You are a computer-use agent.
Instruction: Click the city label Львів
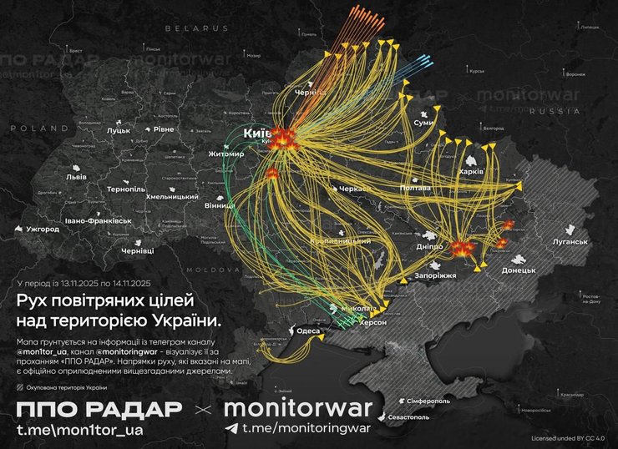click(x=76, y=178)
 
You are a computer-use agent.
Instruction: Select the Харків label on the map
click(x=472, y=171)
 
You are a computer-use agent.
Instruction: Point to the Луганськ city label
click(x=569, y=242)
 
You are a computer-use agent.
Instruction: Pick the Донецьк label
click(x=519, y=271)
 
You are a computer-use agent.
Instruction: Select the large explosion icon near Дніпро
click(x=460, y=248)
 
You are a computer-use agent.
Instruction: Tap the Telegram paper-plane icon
click(x=231, y=429)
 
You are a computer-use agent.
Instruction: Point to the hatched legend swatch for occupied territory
click(x=20, y=386)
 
